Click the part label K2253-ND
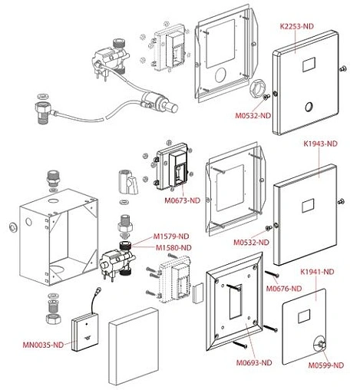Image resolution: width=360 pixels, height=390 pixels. pos(296,26)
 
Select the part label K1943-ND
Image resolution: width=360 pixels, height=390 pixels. pos(320,144)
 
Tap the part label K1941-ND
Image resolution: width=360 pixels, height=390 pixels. pos(317,272)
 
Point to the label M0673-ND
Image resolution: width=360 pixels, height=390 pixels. pos(182,200)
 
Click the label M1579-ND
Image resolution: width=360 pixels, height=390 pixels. pos(171,236)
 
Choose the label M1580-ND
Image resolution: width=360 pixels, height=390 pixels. pos(173,248)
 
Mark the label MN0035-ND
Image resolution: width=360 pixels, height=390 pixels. pos(43,345)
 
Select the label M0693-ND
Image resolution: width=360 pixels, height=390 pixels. pos(254,362)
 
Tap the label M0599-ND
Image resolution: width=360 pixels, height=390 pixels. pos(325,365)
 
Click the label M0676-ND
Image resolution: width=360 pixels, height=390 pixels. pos(284,289)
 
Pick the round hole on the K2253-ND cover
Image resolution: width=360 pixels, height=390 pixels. pos(309,107)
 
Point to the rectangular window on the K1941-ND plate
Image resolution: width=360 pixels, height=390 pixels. pos(304,316)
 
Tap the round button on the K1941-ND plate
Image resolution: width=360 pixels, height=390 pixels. pos(320,344)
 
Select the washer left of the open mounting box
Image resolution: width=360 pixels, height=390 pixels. pos(12,227)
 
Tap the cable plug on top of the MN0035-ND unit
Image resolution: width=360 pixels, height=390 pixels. pos(98,290)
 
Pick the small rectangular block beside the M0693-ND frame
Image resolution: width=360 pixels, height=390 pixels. pos(198,293)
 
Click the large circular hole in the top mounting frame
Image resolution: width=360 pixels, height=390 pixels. pos(221,75)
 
